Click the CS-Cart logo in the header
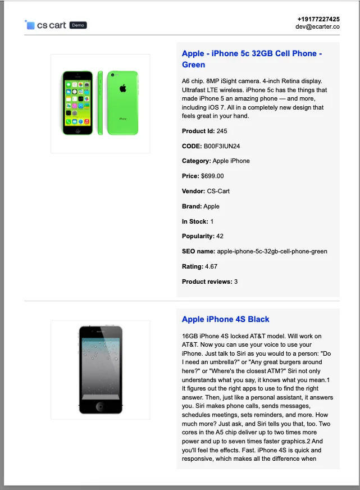point(45,25)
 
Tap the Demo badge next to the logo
point(78,25)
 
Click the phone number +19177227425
point(318,19)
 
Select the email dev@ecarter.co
point(318,26)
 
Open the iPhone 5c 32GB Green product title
point(252,59)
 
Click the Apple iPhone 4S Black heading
point(226,319)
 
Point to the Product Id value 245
point(222,131)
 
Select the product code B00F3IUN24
point(222,146)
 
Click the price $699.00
point(212,176)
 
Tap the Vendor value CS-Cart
point(218,191)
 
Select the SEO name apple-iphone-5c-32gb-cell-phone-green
point(272,251)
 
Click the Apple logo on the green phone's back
point(122,88)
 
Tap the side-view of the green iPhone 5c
point(101,103)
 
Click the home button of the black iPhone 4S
point(100,406)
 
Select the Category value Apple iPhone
point(231,161)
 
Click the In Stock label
point(195,221)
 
